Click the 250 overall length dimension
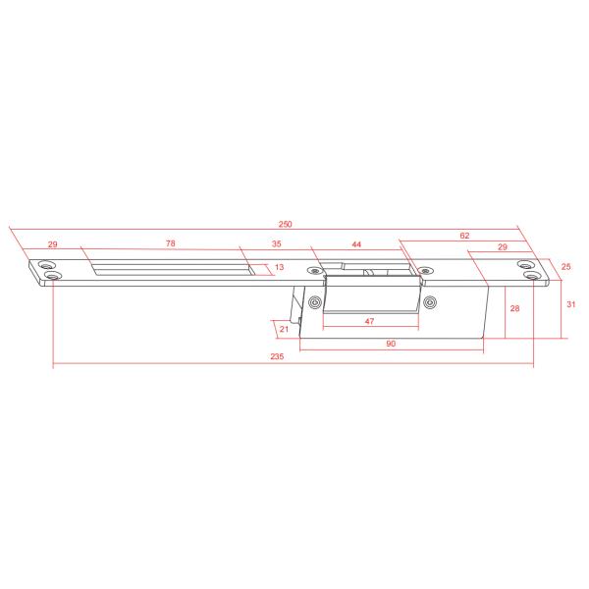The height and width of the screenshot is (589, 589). tap(285, 224)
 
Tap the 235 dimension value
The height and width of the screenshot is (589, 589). tap(277, 356)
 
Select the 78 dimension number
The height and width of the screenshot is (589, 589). tap(171, 243)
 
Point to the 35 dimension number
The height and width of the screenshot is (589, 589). tap(277, 243)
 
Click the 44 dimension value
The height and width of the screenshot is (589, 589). tap(356, 244)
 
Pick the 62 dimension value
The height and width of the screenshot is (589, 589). tap(464, 236)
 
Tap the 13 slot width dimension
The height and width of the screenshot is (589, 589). tap(279, 267)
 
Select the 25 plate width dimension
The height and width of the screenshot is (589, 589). tap(565, 266)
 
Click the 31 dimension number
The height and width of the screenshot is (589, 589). tap(570, 304)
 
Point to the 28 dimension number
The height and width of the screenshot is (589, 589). tap(514, 308)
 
